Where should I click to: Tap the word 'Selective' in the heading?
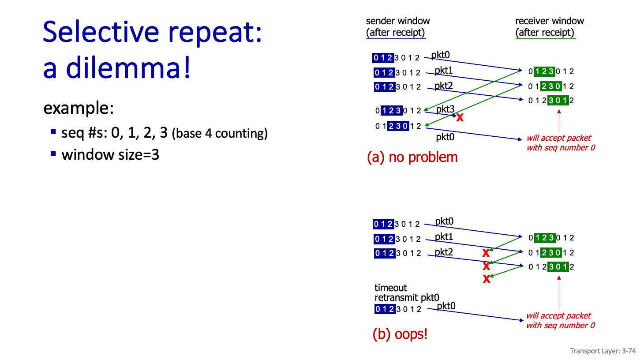coord(101,32)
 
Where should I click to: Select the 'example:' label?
coord(79,108)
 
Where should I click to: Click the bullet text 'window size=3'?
coord(110,155)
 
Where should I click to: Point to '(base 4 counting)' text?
coord(220,133)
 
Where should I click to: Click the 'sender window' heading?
coord(397,21)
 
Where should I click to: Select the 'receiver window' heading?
coord(549,21)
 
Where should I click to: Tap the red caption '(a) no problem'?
coord(412,157)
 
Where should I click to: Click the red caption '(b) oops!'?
coord(400,334)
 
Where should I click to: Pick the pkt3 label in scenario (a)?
coord(445,109)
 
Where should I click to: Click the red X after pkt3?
coord(460,117)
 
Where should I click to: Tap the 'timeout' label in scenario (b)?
coord(391,288)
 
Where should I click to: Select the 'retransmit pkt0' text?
coord(407,297)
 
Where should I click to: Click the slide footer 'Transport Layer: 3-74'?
coord(603,351)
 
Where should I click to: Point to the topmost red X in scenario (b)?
coord(486,253)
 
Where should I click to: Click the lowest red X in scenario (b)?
coord(487,279)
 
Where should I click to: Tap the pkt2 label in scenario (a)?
coord(444,86)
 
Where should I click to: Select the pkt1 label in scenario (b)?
coord(444,237)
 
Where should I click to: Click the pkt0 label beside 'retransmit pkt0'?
coord(446,306)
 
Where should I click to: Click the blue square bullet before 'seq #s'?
coord(53,131)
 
